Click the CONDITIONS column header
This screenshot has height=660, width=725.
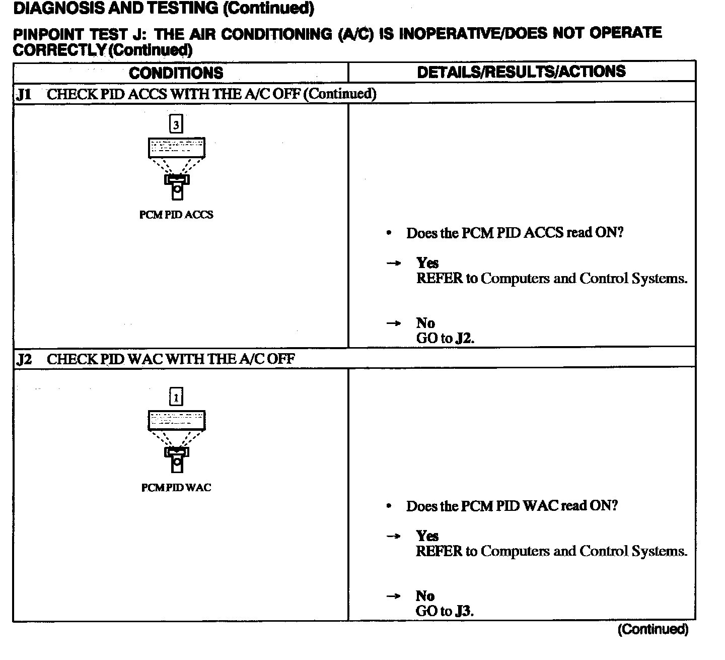(176, 73)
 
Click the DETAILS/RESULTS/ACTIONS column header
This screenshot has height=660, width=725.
(521, 72)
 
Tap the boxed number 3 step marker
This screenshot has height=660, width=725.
(176, 124)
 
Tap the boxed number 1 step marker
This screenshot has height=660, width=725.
(176, 398)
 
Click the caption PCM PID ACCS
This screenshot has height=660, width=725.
(176, 215)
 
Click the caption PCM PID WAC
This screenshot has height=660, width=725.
(176, 488)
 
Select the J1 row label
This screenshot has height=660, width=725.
(24, 94)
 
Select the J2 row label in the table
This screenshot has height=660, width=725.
(24, 359)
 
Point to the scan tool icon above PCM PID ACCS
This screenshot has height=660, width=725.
(176, 168)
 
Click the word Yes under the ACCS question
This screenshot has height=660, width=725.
(427, 262)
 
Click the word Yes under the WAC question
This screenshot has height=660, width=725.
(427, 536)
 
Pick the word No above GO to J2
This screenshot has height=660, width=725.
(425, 323)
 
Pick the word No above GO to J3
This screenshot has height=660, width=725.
(425, 596)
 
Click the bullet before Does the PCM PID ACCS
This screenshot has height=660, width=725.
(389, 233)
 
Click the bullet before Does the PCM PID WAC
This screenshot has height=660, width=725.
(389, 506)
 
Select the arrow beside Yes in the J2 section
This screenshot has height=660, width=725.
(393, 536)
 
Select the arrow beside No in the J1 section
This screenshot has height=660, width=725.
(393, 323)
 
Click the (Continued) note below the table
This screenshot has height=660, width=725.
(652, 629)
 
